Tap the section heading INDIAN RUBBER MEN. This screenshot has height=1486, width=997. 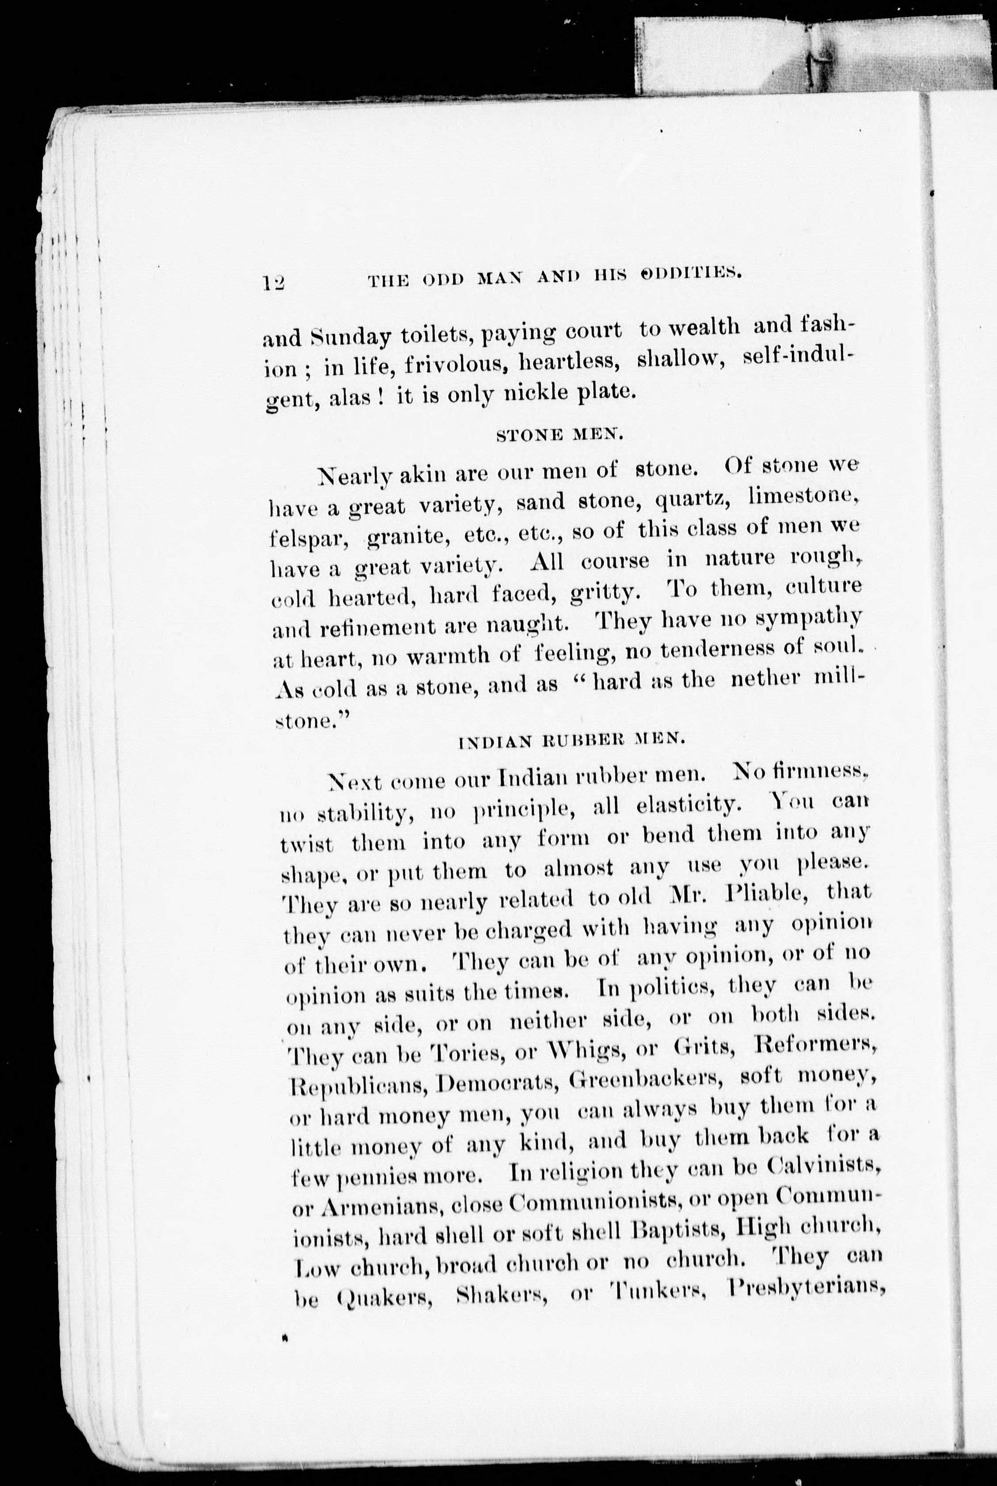click(x=571, y=740)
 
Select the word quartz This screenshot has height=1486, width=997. click(x=694, y=499)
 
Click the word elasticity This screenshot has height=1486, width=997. click(x=688, y=806)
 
